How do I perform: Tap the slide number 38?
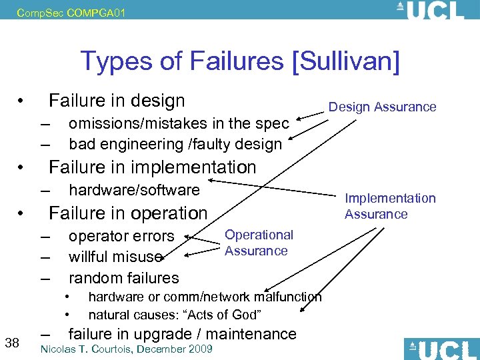[x=11, y=343]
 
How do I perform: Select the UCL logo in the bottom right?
[x=441, y=349]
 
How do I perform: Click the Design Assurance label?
[x=382, y=107]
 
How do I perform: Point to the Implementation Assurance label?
[x=389, y=206]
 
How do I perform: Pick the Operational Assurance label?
[x=258, y=243]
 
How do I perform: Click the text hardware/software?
[x=134, y=190]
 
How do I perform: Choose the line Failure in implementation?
[x=152, y=167]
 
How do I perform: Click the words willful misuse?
[x=115, y=257]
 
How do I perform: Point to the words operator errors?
[x=121, y=236]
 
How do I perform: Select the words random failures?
[x=123, y=277]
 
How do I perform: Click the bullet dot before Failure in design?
[x=22, y=101]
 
